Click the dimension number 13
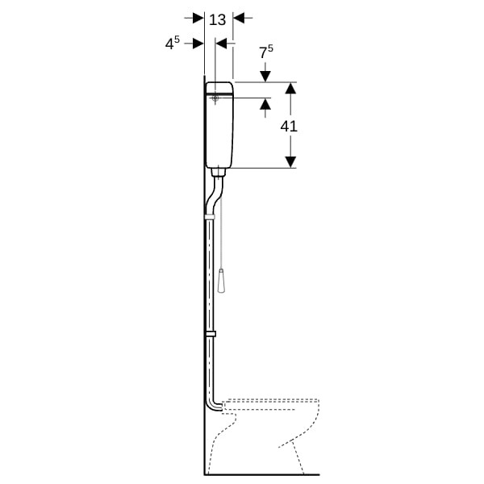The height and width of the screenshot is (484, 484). pyautogui.click(x=218, y=19)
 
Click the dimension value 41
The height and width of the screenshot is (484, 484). pyautogui.click(x=289, y=127)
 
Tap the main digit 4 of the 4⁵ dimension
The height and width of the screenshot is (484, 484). pyautogui.click(x=169, y=44)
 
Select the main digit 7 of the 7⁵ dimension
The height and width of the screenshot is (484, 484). pyautogui.click(x=263, y=53)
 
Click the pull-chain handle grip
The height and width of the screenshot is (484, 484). pyautogui.click(x=221, y=281)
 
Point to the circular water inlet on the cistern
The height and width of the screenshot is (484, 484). pyautogui.click(x=215, y=98)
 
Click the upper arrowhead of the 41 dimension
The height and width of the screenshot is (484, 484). pyautogui.click(x=290, y=88)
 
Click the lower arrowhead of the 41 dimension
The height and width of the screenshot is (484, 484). pyautogui.click(x=290, y=162)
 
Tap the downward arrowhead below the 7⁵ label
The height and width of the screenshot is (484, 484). pyautogui.click(x=265, y=77)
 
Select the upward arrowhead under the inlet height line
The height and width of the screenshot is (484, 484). pyautogui.click(x=265, y=104)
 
